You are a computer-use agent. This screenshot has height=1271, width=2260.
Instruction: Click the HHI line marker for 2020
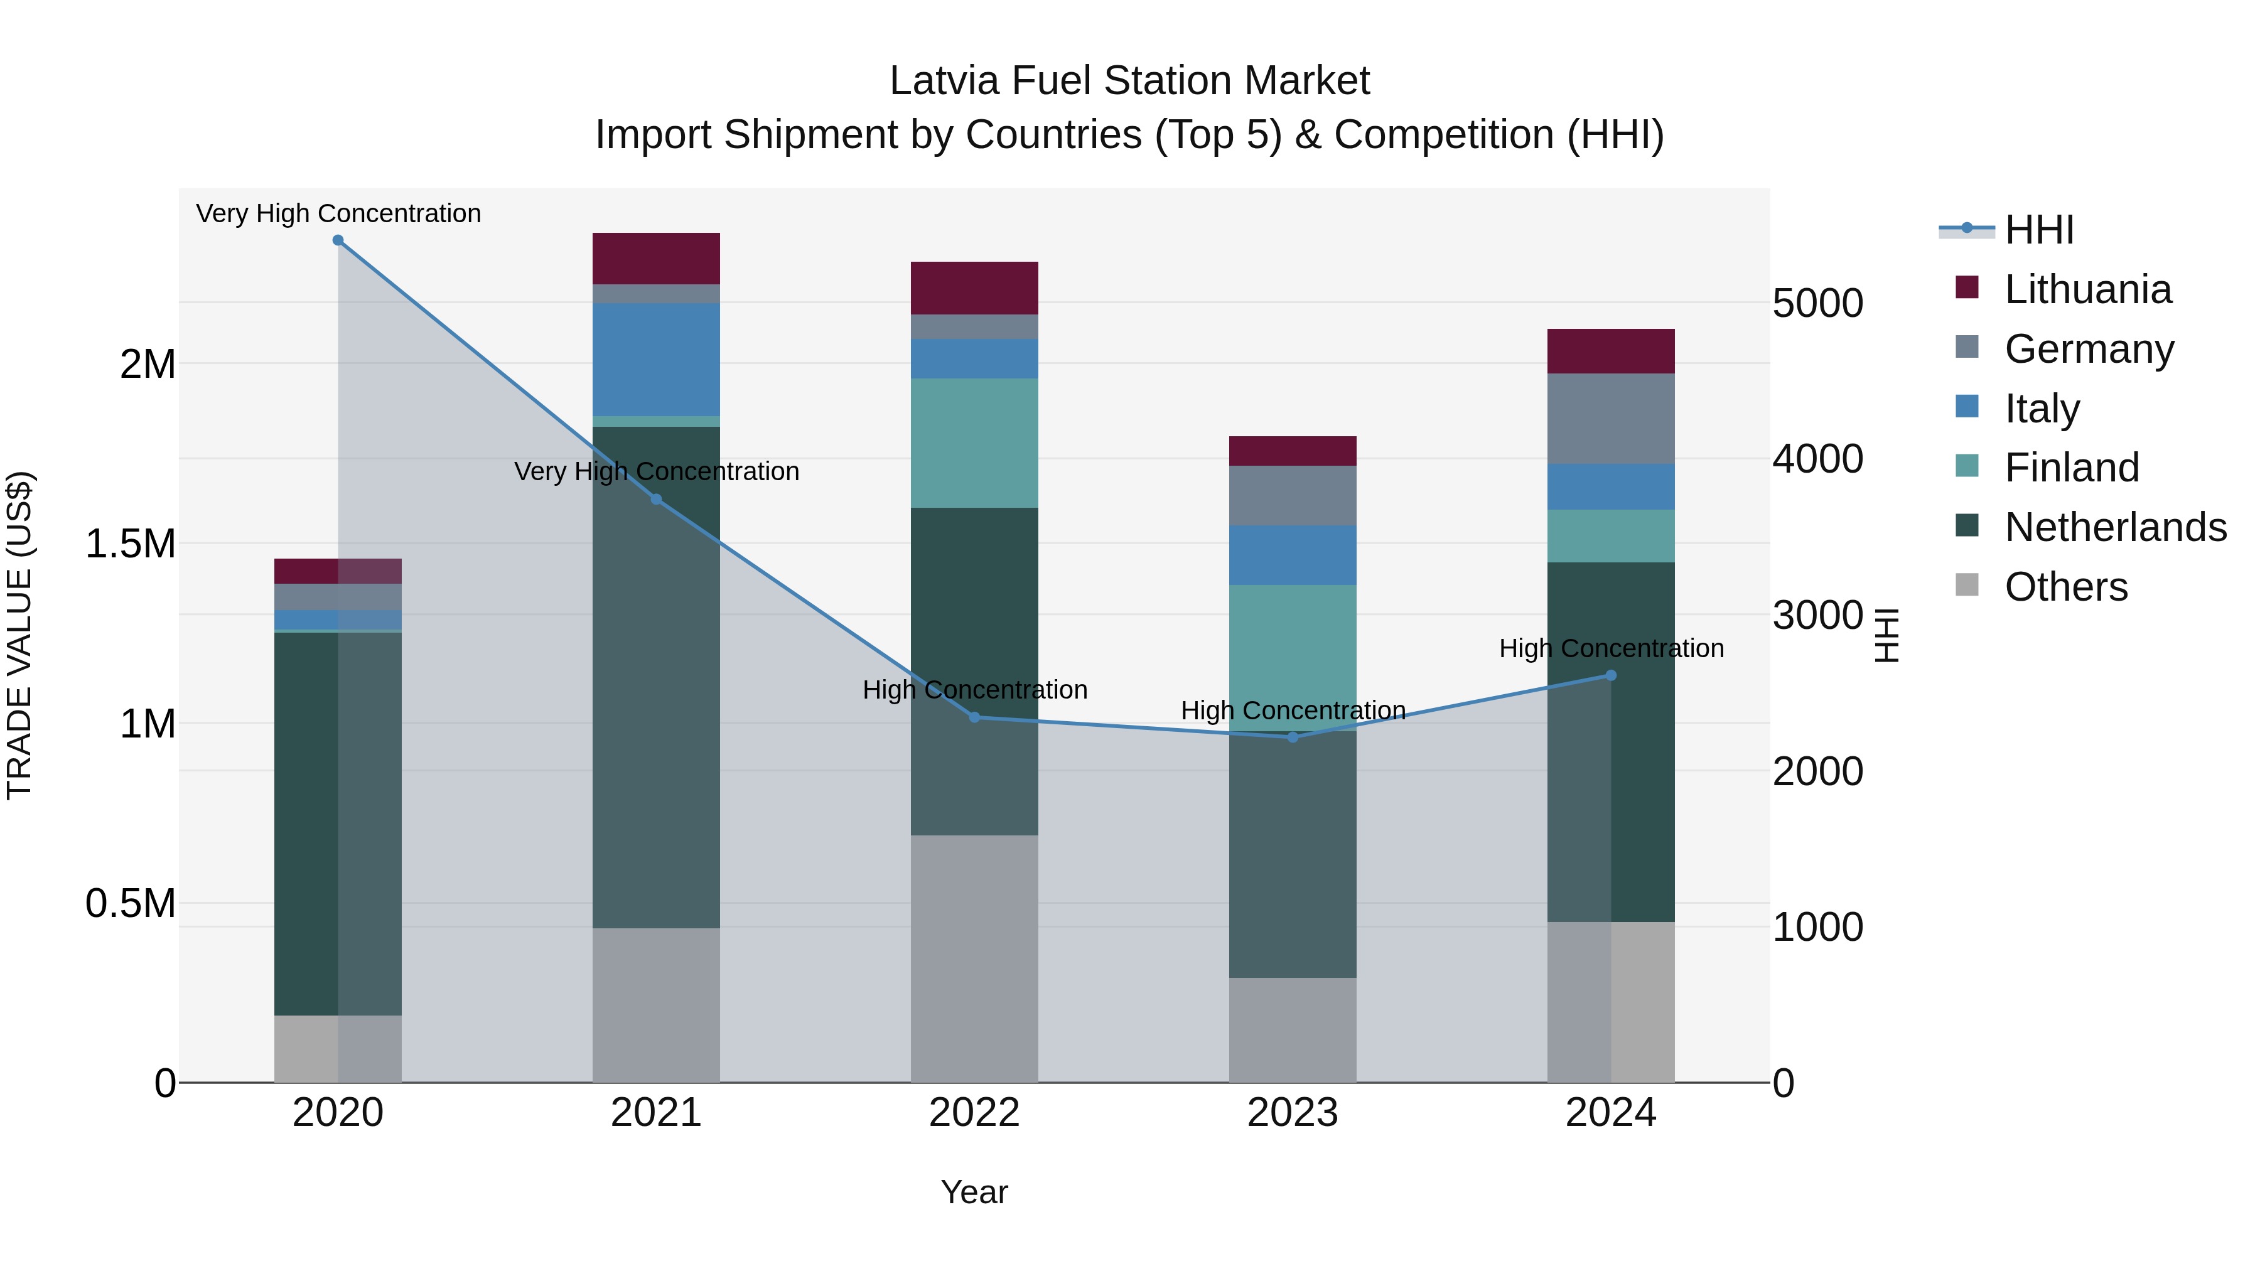(338, 240)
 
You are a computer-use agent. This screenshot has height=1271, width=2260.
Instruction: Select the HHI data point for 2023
(1293, 737)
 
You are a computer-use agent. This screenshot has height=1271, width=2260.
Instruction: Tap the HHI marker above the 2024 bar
(1611, 675)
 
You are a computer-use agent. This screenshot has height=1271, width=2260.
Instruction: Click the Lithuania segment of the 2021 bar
(656, 259)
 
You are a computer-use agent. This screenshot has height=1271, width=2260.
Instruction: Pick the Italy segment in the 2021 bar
(656, 360)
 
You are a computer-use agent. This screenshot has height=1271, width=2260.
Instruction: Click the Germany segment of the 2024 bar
(1611, 419)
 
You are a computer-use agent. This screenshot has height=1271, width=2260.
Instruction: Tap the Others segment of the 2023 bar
(1293, 1030)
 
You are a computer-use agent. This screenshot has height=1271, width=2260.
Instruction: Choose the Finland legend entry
(2072, 468)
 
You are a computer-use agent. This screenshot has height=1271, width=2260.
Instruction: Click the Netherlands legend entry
(2115, 527)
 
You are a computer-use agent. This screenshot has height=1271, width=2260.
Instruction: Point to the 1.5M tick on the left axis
(130, 544)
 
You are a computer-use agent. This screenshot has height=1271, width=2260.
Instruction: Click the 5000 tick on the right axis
(1817, 304)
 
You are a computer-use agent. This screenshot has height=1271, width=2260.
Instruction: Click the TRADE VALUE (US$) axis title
(19, 635)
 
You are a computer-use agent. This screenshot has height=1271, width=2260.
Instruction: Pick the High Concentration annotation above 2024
(1611, 648)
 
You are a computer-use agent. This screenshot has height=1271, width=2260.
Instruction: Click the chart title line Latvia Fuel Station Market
(1129, 81)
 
